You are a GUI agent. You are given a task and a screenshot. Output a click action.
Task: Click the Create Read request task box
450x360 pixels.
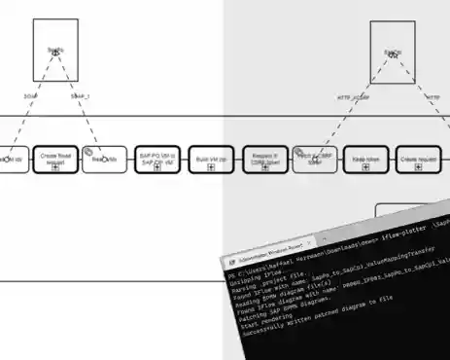[55, 160]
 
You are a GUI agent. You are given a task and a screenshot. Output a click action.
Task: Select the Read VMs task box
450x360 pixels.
[106, 160]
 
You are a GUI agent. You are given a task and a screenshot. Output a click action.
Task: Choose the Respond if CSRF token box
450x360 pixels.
[265, 160]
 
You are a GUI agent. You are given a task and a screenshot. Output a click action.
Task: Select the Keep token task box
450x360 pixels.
[365, 160]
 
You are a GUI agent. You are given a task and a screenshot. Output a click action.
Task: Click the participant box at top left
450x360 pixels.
[54, 52]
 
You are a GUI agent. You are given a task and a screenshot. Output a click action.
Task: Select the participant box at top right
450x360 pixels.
[392, 52]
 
